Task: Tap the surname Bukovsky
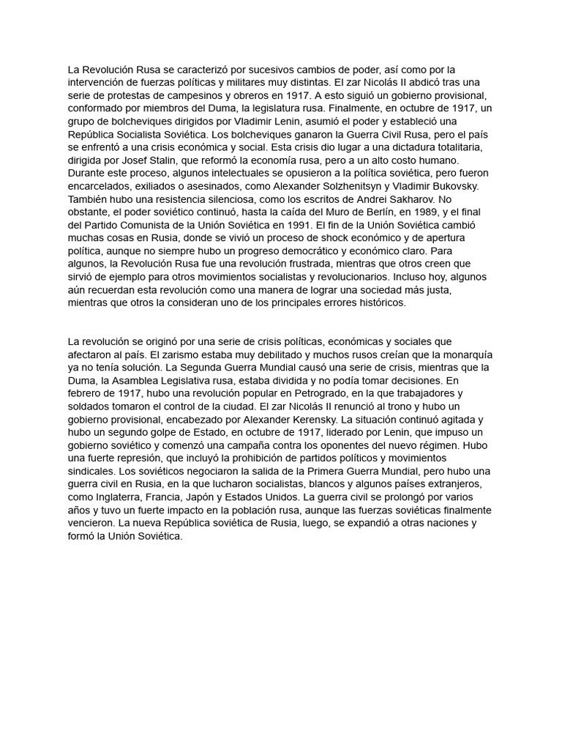(454, 186)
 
